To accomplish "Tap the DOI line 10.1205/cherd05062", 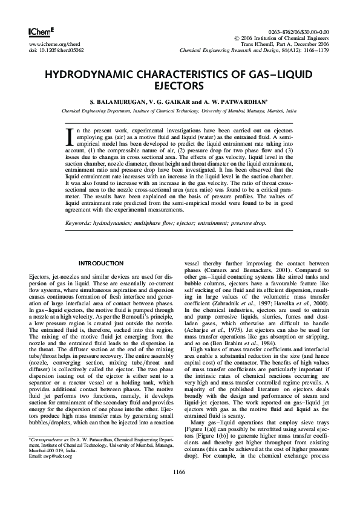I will (56, 50).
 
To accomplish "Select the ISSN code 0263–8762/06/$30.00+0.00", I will (298, 31).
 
